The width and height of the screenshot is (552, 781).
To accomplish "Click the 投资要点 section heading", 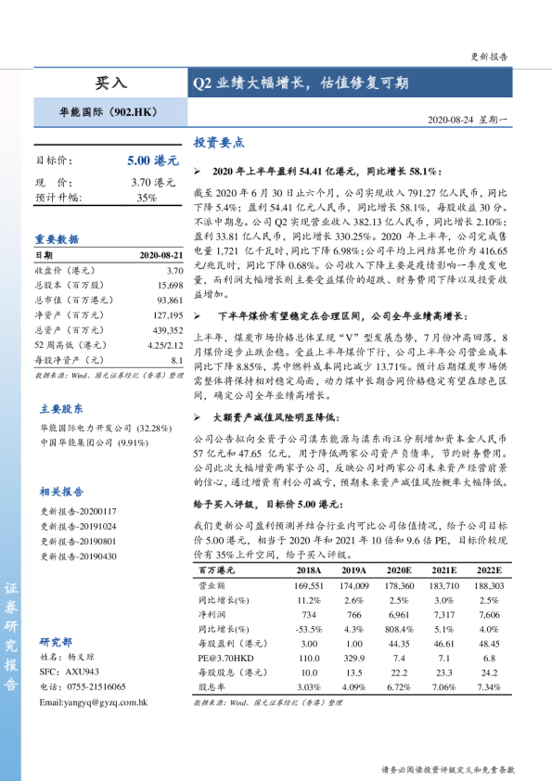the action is tap(218, 143).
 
